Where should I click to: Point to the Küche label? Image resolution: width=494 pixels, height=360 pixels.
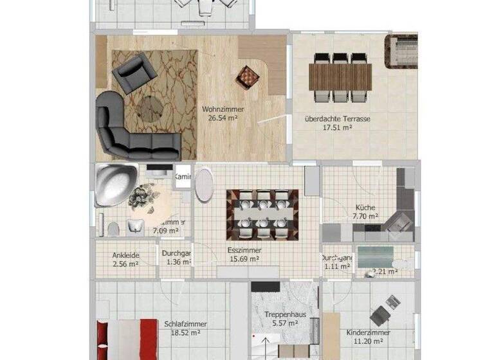[365, 208]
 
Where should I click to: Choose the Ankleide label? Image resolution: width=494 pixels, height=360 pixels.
[126, 255]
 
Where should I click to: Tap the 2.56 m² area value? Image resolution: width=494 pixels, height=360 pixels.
[126, 264]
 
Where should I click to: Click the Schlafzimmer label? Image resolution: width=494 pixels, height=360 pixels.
[185, 324]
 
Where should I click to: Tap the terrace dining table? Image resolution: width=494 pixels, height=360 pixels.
[340, 78]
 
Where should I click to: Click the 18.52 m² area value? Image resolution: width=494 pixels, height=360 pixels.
[185, 333]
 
